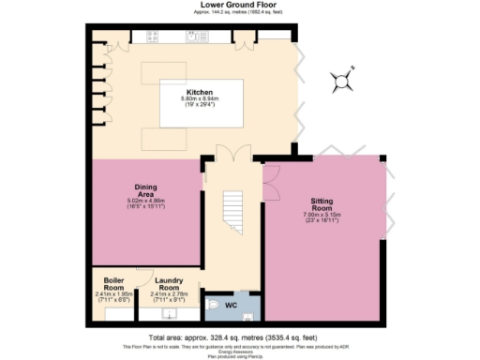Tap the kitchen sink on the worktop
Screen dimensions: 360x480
[x=195, y=37]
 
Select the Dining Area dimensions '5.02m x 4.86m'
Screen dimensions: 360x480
[x=145, y=201]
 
